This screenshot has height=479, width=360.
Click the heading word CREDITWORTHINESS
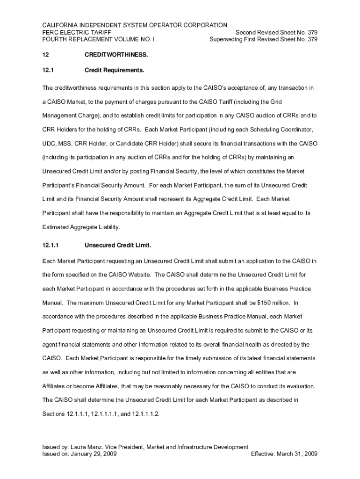pyautogui.click(x=116, y=55)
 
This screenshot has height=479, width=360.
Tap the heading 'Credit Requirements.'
pyautogui.click(x=114, y=71)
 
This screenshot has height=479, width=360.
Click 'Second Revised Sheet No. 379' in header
pyautogui.click(x=276, y=32)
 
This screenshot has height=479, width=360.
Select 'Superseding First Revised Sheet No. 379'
pyautogui.click(x=264, y=39)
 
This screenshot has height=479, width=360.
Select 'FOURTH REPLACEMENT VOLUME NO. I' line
pyautogui.click(x=98, y=39)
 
